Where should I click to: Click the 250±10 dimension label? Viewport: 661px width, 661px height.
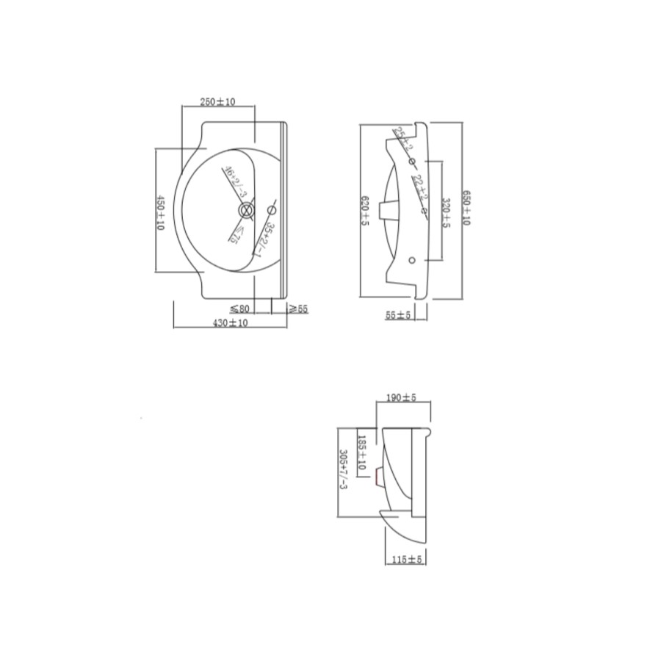click(x=218, y=101)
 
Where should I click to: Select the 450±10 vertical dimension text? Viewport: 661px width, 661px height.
click(x=161, y=213)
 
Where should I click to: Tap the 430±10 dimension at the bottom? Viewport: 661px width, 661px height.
click(x=230, y=322)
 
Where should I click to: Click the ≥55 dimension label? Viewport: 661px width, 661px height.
click(x=298, y=309)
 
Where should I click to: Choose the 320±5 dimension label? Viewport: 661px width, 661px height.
click(x=446, y=213)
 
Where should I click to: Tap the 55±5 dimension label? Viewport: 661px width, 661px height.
click(x=399, y=314)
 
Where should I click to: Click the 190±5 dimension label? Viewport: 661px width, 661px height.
click(x=402, y=398)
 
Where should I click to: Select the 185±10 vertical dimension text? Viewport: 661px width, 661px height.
click(x=362, y=453)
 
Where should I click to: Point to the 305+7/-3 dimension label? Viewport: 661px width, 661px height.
click(x=342, y=474)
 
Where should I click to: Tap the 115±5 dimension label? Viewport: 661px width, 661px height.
click(x=408, y=559)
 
